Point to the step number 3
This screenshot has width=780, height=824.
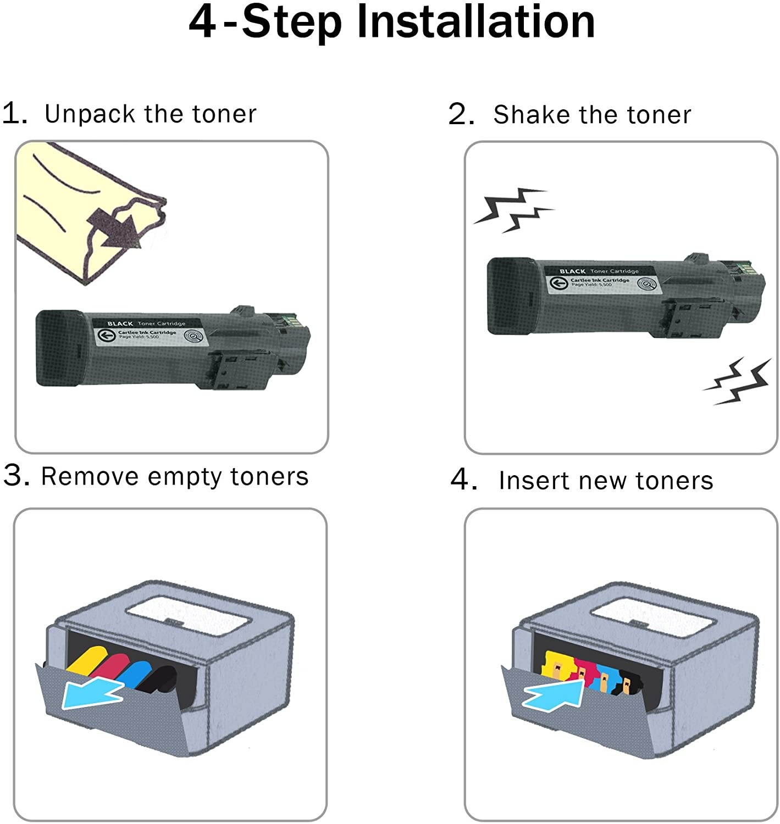tap(15, 475)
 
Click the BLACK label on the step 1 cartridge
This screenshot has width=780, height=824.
tap(120, 324)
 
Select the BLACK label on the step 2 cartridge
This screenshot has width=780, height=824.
tap(572, 271)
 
